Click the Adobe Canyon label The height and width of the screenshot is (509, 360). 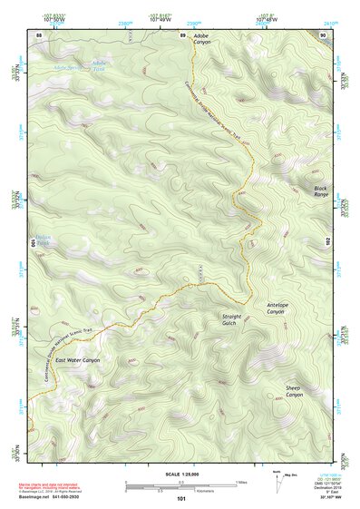pos(201,39)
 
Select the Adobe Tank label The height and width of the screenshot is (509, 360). pos(98,64)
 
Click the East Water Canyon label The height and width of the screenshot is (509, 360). pos(77,360)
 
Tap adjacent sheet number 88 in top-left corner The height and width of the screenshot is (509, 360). pos(38,34)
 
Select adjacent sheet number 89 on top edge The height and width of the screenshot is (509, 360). pos(182,34)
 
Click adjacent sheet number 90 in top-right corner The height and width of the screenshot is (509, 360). pos(323,34)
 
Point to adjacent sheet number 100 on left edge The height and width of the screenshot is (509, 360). pos(35,243)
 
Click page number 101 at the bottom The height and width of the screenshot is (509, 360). pos(181,498)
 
